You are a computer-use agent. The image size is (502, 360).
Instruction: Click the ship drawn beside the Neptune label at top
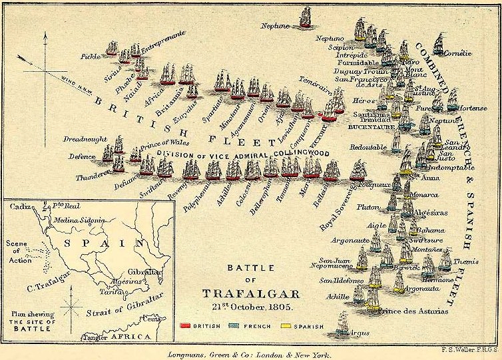point(306,17)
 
